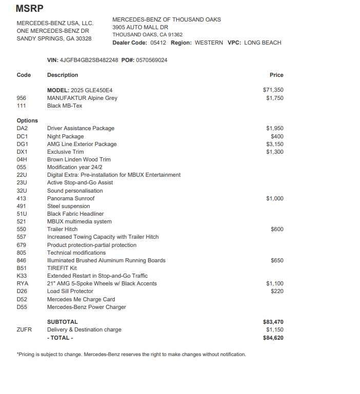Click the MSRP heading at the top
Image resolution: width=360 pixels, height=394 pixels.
[30, 8]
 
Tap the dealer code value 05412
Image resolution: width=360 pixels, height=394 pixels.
[158, 43]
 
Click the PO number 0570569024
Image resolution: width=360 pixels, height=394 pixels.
[151, 60]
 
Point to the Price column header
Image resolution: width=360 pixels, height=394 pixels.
[276, 75]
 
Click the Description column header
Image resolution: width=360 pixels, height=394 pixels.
[63, 75]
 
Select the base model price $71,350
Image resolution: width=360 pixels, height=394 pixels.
[273, 90]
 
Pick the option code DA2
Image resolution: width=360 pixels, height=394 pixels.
[22, 128]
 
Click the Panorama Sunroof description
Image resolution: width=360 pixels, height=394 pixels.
[71, 198]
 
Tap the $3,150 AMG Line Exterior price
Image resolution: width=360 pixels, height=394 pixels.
[274, 144]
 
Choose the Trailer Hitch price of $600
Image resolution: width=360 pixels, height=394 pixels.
[277, 230]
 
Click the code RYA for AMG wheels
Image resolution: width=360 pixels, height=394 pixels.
[23, 283]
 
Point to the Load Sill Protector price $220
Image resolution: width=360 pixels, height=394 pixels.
[277, 291]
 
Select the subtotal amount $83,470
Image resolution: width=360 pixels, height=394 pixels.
[273, 322]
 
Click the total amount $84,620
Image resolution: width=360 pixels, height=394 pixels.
[273, 338]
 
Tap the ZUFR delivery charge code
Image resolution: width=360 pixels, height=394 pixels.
[24, 329]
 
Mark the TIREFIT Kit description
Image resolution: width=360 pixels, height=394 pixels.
[62, 268]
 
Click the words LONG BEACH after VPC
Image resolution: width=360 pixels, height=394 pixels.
[263, 43]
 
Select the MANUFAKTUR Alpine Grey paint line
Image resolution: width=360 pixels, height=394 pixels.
[82, 98]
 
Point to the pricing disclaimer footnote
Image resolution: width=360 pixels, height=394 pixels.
[131, 354]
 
